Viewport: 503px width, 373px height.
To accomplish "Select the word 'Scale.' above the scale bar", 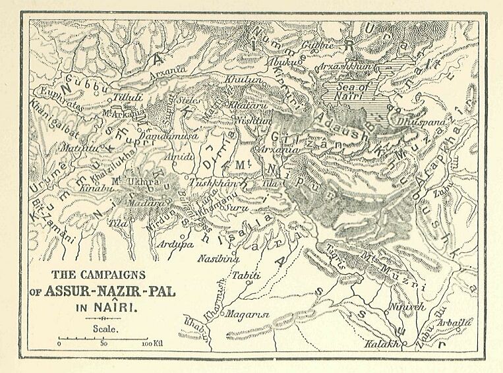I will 105,328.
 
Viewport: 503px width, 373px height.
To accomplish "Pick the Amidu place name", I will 181,158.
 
